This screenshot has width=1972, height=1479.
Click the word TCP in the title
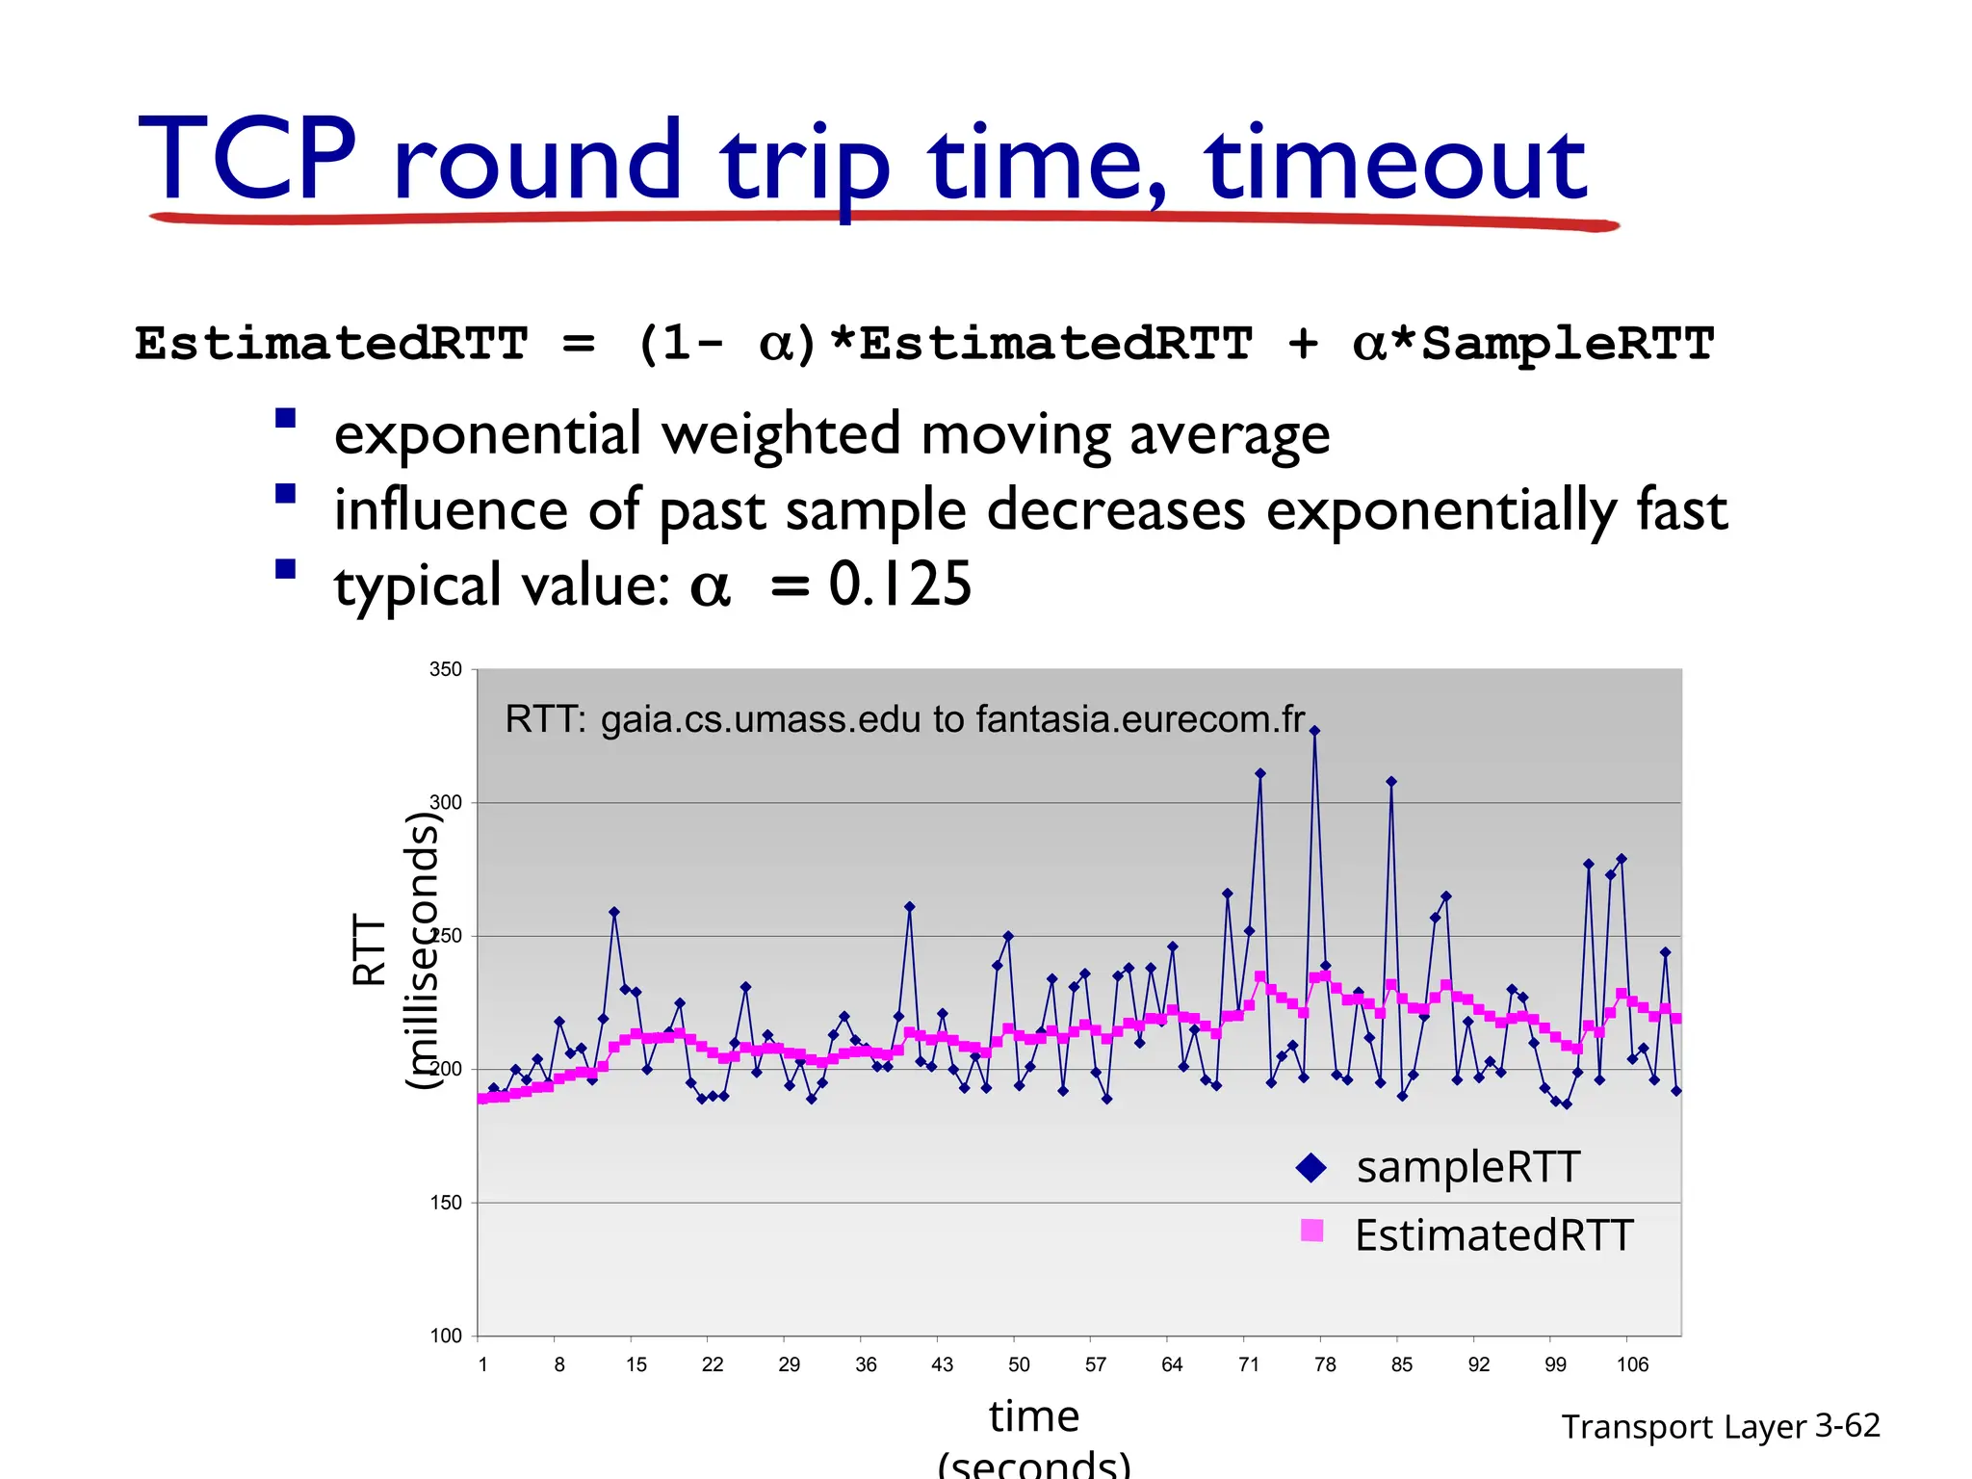tap(247, 159)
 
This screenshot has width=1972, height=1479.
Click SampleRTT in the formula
tap(1567, 344)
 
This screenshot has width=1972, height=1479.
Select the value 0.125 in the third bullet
tap(900, 584)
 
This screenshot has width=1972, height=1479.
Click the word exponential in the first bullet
tap(487, 435)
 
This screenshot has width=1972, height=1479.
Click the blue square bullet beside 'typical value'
tap(285, 568)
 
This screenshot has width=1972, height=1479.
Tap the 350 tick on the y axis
tap(446, 669)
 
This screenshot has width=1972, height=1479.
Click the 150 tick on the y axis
tap(446, 1203)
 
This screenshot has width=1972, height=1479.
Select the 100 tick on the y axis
tap(446, 1336)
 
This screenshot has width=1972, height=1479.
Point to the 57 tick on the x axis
tap(1096, 1364)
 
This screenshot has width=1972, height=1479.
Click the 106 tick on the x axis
tap(1632, 1364)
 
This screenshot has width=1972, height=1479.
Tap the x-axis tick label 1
tap(482, 1364)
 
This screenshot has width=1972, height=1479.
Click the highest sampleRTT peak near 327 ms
tap(1314, 731)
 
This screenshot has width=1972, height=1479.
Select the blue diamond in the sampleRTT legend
tap(1311, 1168)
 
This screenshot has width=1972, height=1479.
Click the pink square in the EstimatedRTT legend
tap(1311, 1231)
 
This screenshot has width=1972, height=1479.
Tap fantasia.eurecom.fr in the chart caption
tap(1140, 719)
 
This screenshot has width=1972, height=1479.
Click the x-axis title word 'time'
tap(1034, 1416)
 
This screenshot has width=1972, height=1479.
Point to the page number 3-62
tap(1847, 1425)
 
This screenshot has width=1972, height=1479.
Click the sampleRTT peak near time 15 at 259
tap(614, 912)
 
